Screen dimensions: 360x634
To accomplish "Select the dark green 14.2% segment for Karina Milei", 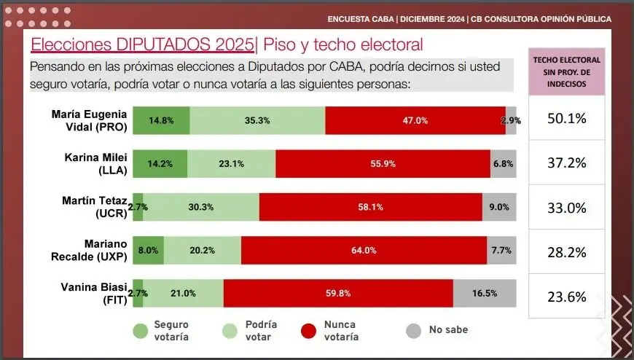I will [160, 164].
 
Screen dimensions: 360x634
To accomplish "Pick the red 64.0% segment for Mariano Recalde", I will [364, 250].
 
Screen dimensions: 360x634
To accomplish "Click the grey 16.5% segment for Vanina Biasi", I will [485, 294].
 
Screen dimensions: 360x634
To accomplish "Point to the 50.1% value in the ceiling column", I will [567, 118].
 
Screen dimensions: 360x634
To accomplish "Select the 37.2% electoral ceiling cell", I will [567, 163].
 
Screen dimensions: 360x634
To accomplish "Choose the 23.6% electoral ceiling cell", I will [567, 296].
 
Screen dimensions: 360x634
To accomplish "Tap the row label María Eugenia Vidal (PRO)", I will [90, 120].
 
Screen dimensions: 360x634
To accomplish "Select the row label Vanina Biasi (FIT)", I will [95, 294].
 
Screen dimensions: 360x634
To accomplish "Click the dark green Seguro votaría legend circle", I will [140, 330].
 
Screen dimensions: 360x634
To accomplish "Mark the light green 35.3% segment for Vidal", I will [257, 120].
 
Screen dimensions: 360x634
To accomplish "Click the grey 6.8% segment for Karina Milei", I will [504, 164].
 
